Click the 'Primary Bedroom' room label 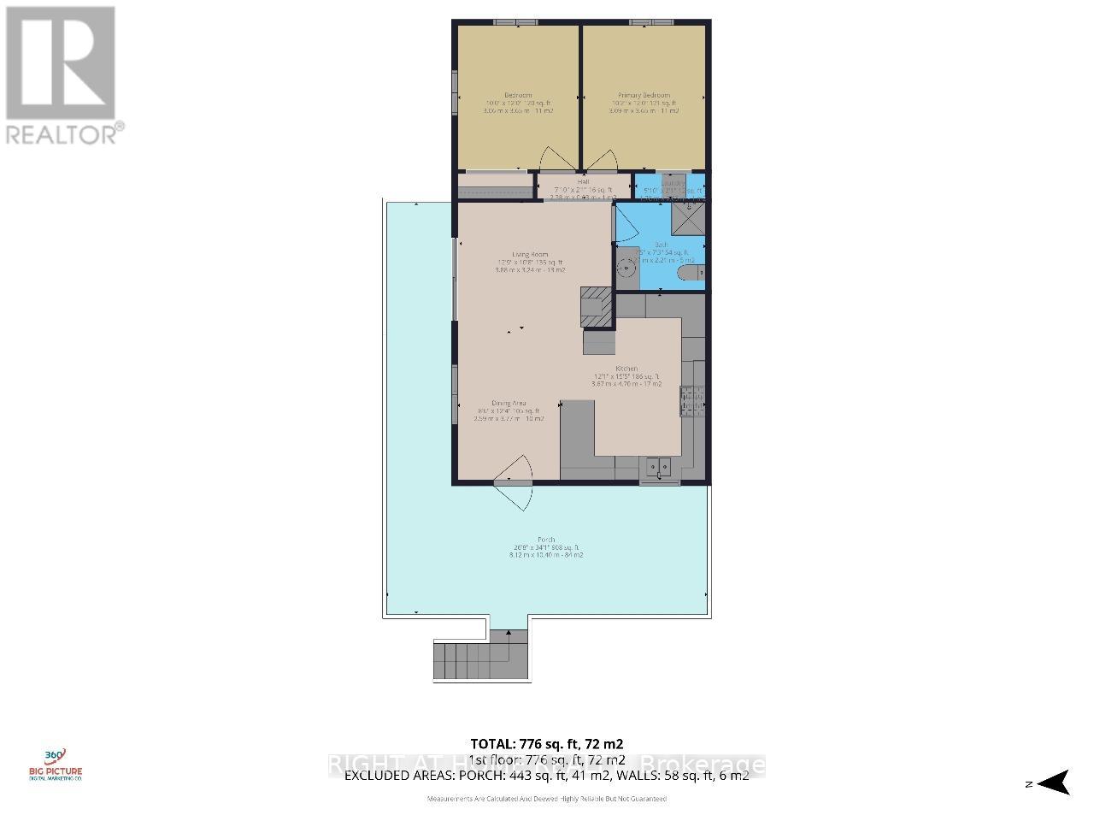[x=644, y=95]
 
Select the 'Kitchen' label [x=627, y=369]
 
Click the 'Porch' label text [x=547, y=540]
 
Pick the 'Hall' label [x=583, y=181]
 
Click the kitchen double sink [x=659, y=466]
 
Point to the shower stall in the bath [x=688, y=217]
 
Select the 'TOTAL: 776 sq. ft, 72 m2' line [x=553, y=743]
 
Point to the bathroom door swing [x=625, y=224]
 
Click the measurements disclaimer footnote [x=547, y=799]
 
